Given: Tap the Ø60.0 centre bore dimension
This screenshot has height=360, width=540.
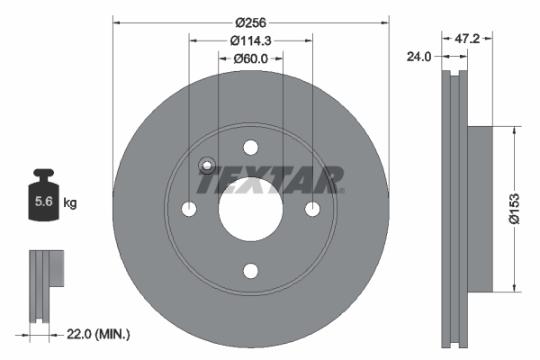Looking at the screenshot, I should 251,59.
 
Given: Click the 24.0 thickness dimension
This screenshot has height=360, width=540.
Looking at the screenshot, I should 418,56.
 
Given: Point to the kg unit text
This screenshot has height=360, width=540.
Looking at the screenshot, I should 70,204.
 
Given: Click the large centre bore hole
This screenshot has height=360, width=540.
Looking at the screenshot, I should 250,210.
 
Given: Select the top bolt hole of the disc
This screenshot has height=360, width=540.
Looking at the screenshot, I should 250,148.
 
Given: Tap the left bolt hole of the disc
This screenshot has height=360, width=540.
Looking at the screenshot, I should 189,210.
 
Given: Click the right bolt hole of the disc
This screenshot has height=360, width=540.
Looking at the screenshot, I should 312,210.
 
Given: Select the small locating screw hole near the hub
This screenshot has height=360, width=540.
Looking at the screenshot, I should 206,165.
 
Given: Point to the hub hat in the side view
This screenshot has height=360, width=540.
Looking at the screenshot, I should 481,208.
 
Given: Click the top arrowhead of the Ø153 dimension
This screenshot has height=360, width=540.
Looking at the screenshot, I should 515,129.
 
